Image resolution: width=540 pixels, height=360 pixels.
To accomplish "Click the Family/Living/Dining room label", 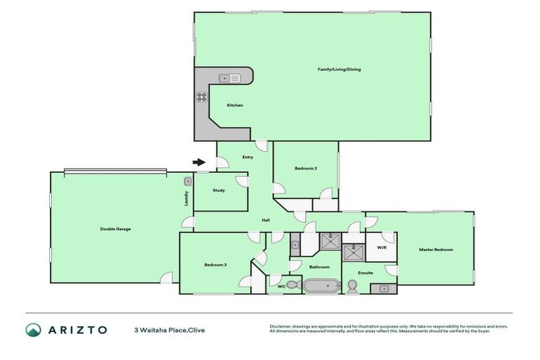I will click(x=339, y=70).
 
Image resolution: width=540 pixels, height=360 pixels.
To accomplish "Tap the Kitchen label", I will click(x=235, y=105).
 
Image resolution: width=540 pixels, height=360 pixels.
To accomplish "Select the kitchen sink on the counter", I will click(x=229, y=78).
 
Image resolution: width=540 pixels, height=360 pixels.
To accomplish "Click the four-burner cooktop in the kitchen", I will click(x=201, y=97).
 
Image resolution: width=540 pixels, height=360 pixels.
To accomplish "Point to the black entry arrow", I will click(x=199, y=162).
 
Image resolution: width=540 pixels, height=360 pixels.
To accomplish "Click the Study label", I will click(x=219, y=190).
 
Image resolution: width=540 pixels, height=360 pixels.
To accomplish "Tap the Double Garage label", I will click(x=115, y=229).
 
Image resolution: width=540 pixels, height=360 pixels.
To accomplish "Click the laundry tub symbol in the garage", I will click(x=187, y=181).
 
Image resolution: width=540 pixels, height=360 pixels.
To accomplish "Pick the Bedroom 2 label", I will click(x=306, y=169).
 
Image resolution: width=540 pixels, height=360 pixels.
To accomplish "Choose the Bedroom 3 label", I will click(x=215, y=264).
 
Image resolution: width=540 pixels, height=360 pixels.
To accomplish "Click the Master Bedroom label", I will click(x=436, y=250).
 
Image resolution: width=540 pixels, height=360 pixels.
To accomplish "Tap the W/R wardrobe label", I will click(x=382, y=247).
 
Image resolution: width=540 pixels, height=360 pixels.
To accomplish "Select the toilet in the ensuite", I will click(x=353, y=285).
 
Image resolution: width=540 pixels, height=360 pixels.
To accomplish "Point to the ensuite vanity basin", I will click(x=384, y=288).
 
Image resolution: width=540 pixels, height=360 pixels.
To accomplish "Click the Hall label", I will click(x=266, y=220).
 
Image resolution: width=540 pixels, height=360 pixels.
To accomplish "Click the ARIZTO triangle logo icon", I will click(x=33, y=329).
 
